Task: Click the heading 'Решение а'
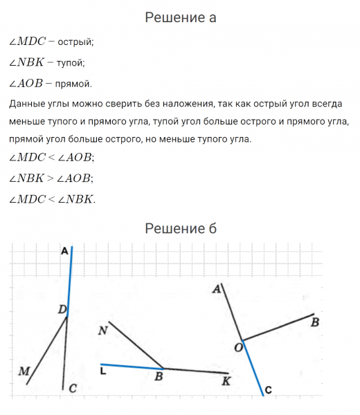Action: [x=180, y=18]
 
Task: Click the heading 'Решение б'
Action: [x=180, y=228]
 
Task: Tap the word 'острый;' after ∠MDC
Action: [x=77, y=42]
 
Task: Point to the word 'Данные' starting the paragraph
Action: [x=26, y=104]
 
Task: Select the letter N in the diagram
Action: [x=102, y=331]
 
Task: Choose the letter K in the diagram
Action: [x=226, y=381]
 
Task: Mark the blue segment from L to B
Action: [x=132, y=366]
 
